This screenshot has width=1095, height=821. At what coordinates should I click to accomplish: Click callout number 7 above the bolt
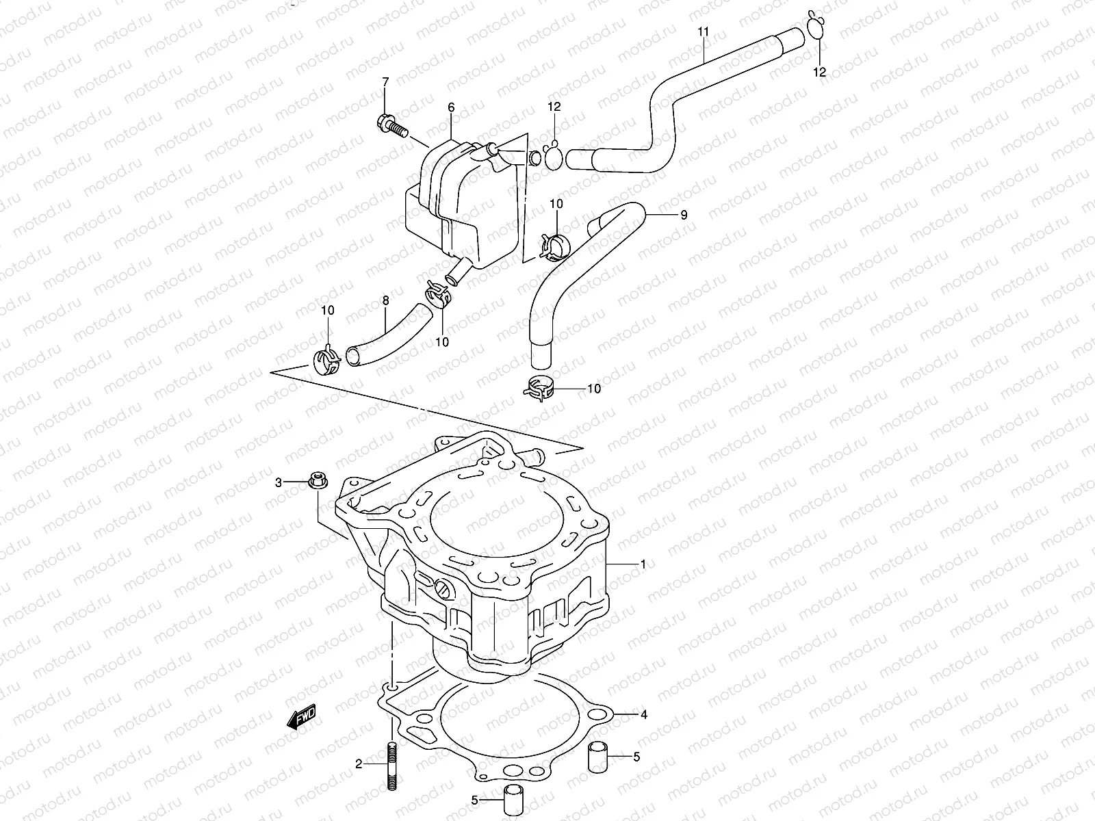(385, 82)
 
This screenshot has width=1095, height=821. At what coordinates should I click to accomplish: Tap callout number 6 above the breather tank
(451, 107)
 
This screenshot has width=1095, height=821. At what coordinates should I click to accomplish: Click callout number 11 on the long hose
(704, 32)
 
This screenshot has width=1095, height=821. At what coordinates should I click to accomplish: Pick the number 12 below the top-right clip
(820, 71)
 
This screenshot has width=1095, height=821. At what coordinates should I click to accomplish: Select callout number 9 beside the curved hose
(683, 215)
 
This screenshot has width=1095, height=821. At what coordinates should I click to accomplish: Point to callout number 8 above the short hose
(385, 300)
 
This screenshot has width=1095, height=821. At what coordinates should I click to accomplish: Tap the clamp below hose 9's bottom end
(542, 389)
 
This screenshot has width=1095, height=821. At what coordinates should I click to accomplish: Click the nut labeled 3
(315, 482)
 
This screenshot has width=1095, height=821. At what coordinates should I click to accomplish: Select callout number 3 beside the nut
(279, 483)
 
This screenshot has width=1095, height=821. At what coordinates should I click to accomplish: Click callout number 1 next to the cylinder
(643, 564)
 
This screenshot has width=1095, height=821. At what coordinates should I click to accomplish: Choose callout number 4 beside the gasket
(643, 716)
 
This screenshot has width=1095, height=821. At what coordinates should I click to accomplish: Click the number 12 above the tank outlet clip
(554, 106)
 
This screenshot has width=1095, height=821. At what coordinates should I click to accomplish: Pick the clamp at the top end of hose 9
(554, 246)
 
